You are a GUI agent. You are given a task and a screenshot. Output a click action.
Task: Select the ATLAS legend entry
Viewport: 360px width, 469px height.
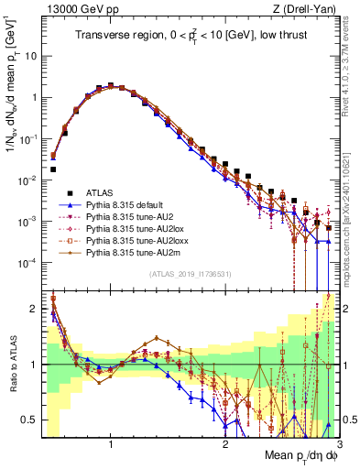pyautogui.click(x=102, y=192)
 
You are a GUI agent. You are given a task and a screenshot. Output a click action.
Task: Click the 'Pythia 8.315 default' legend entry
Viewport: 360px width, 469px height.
pyautogui.click(x=128, y=205)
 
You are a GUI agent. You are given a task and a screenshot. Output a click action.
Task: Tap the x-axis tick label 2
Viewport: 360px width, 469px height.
pyautogui.click(x=225, y=444)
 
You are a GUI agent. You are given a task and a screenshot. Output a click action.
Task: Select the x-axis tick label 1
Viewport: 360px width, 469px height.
pyautogui.click(x=111, y=444)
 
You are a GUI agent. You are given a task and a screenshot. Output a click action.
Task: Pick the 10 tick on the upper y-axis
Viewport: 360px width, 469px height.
pyautogui.click(x=29, y=55)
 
